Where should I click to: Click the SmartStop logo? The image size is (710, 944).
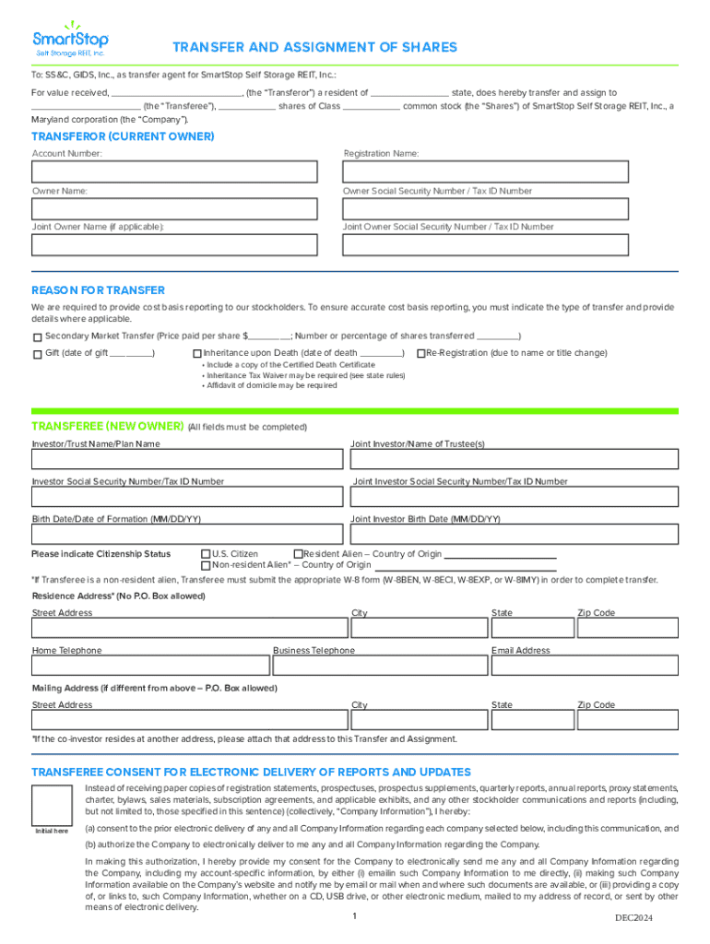click(71, 38)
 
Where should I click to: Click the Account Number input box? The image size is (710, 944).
click(174, 172)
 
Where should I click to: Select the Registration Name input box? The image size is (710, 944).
click(486, 172)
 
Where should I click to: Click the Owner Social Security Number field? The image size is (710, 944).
click(486, 208)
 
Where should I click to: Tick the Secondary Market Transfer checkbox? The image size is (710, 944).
click(38, 337)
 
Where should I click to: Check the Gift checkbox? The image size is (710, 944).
click(38, 354)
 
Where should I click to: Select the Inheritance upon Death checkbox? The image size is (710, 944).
click(197, 354)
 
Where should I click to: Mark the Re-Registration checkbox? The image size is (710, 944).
click(420, 354)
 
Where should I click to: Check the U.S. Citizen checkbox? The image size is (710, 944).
click(206, 554)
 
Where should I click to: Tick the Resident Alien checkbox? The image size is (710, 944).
click(298, 554)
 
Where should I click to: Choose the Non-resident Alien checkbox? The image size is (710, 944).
click(206, 565)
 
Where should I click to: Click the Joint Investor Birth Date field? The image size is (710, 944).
click(515, 535)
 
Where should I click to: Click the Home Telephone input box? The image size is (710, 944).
click(149, 666)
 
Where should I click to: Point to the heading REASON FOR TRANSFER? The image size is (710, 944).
click(99, 290)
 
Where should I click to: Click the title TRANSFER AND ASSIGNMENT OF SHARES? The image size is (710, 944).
click(315, 48)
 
